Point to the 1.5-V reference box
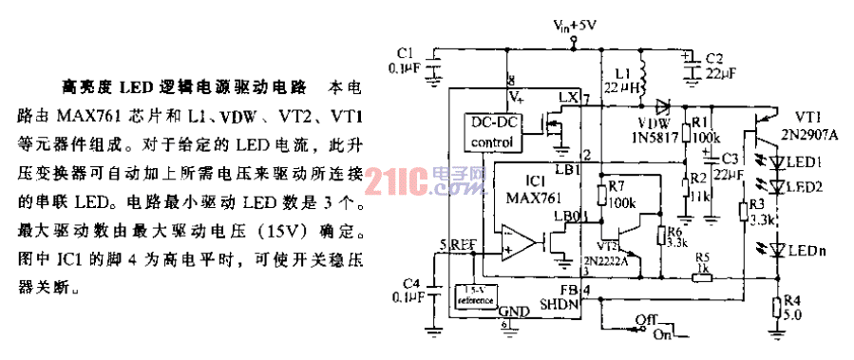point(476,296)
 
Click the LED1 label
point(809,161)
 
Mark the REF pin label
point(463,245)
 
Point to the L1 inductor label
point(623,70)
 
